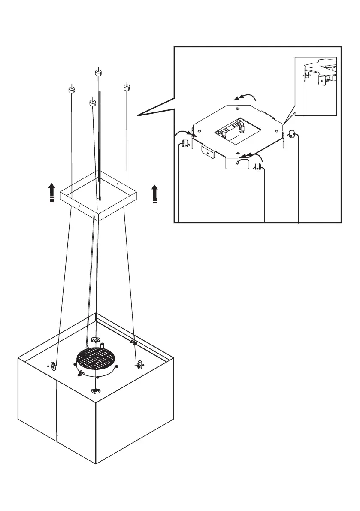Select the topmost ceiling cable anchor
[98, 73]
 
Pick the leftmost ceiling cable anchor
[72, 90]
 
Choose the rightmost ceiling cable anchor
[127, 88]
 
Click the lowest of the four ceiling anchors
[92, 103]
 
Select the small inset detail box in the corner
[315, 86]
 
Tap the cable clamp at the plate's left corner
[187, 143]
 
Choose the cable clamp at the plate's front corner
[258, 167]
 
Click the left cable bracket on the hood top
[54, 366]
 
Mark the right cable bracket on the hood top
[139, 365]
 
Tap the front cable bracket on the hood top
[95, 390]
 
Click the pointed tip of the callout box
[138, 115]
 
